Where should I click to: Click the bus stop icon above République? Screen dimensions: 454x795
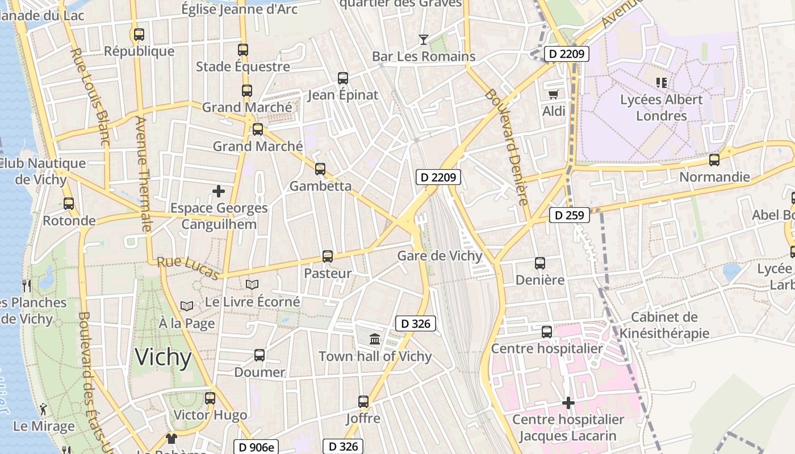pyautogui.click(x=139, y=35)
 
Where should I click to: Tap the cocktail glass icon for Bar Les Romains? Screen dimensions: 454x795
pyautogui.click(x=423, y=40)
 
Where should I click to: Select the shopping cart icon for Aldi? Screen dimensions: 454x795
pyautogui.click(x=553, y=94)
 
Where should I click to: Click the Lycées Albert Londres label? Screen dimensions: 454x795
pyautogui.click(x=661, y=107)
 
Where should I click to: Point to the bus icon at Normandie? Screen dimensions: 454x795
pyautogui.click(x=714, y=160)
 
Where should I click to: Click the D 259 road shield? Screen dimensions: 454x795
pyautogui.click(x=570, y=215)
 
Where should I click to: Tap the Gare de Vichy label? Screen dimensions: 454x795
pyautogui.click(x=440, y=256)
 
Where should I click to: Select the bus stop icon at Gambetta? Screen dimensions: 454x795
pyautogui.click(x=320, y=169)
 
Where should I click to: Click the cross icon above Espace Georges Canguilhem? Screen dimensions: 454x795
pyautogui.click(x=219, y=191)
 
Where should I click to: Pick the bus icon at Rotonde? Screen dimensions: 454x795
pyautogui.click(x=69, y=203)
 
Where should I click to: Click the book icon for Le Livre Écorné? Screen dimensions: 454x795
pyautogui.click(x=252, y=284)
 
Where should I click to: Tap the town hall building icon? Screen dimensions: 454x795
pyautogui.click(x=375, y=339)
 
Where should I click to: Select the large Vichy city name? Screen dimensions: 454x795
pyautogui.click(x=163, y=358)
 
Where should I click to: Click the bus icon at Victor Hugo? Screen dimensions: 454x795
pyautogui.click(x=210, y=398)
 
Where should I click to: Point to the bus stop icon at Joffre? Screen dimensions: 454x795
pyautogui.click(x=363, y=402)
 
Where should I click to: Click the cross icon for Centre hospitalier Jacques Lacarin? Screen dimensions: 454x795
pyautogui.click(x=568, y=403)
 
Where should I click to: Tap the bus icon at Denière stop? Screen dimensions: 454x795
pyautogui.click(x=540, y=263)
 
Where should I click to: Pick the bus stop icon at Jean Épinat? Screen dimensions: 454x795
pyautogui.click(x=343, y=78)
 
